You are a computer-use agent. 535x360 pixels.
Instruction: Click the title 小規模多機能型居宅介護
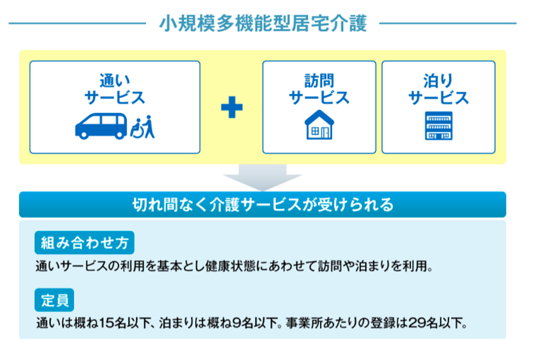[x=263, y=23]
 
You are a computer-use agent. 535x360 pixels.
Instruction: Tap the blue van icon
[x=101, y=126]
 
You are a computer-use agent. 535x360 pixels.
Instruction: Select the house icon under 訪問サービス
[x=320, y=124]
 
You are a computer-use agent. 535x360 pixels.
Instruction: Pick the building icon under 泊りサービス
[x=439, y=126]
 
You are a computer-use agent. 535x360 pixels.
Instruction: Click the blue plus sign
[x=232, y=107]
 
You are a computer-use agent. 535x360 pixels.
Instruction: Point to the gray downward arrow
[x=262, y=178]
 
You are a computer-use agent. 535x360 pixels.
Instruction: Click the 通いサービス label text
[x=115, y=89]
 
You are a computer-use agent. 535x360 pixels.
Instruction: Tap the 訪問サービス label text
[x=320, y=89]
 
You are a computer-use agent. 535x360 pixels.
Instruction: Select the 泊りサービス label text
[x=439, y=89]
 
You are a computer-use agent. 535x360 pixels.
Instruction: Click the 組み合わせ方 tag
[x=84, y=243]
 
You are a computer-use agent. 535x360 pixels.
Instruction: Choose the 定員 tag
[x=54, y=300]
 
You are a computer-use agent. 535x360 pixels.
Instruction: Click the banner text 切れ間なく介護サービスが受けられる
[x=263, y=205]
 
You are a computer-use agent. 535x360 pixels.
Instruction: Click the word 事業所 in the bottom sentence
[x=304, y=323]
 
